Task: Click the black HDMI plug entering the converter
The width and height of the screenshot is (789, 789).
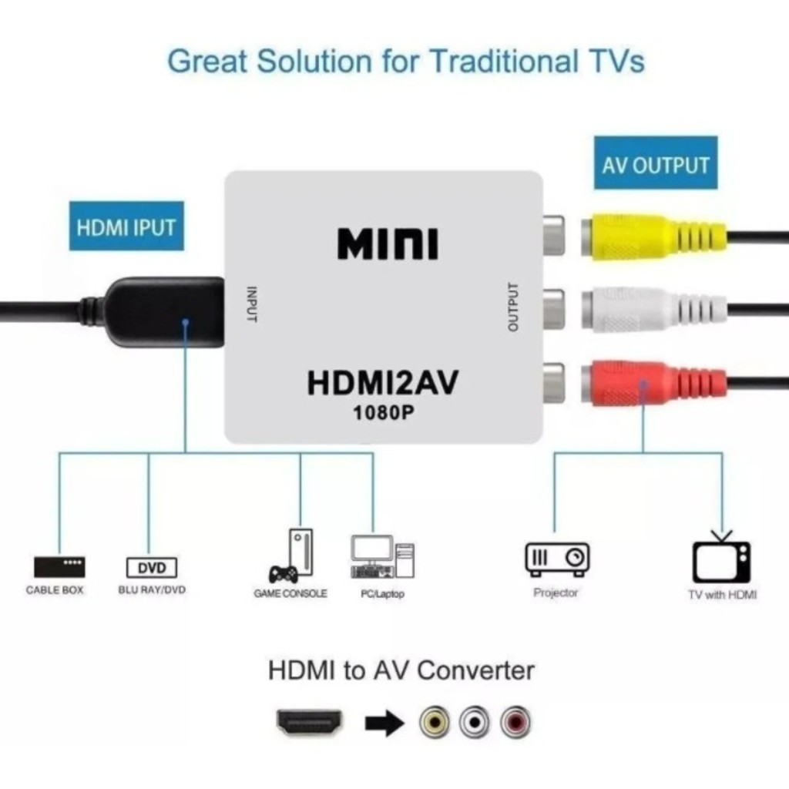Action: click(162, 311)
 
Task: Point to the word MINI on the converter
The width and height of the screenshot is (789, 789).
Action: click(388, 243)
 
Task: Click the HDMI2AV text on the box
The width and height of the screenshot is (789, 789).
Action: click(382, 383)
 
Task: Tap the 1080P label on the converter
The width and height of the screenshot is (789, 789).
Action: click(383, 412)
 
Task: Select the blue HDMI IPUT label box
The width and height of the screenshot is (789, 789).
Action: click(126, 227)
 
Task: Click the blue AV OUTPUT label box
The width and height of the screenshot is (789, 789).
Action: click(655, 163)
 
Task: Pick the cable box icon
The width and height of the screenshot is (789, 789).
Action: click(59, 567)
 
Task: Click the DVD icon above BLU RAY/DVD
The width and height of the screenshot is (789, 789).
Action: click(152, 569)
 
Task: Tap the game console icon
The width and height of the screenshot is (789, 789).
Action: click(292, 556)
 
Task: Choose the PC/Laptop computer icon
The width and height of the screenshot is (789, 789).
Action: click(382, 557)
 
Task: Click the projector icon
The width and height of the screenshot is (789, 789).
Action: click(557, 557)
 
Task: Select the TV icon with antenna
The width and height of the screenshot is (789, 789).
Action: click(721, 559)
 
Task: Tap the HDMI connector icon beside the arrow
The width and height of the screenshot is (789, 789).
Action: click(309, 722)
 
